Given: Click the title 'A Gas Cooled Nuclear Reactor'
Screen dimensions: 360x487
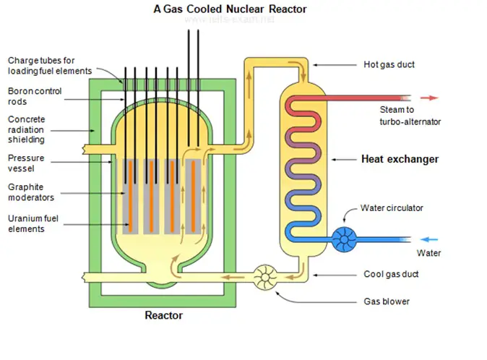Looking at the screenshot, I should click(230, 9).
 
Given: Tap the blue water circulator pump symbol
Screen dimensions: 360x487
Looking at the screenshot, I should click(342, 239).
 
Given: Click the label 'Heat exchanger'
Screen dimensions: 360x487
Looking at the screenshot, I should click(399, 159).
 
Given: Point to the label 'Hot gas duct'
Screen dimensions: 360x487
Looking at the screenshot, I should click(389, 65).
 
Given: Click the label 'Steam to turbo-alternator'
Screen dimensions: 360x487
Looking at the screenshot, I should click(409, 116).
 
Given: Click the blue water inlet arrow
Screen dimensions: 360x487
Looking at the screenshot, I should click(429, 239).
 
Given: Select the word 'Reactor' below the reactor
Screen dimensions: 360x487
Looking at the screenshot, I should click(164, 315).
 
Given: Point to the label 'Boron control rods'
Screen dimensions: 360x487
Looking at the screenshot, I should click(34, 96).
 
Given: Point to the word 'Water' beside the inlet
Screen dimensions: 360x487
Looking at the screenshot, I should click(428, 254).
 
